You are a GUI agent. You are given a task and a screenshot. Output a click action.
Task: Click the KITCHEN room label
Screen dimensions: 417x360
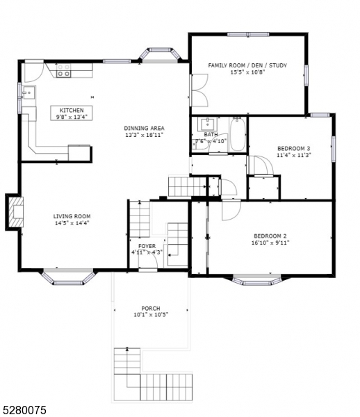click(72, 111)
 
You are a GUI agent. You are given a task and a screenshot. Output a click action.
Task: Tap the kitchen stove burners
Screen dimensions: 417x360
click(64, 70)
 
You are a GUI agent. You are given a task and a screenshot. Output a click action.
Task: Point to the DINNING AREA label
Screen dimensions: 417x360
click(144, 128)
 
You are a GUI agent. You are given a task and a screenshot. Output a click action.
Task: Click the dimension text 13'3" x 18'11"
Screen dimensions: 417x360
click(144, 136)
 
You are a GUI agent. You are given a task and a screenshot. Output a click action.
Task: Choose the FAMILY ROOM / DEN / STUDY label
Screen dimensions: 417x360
click(247, 65)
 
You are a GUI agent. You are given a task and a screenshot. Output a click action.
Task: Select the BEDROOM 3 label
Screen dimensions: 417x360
click(293, 148)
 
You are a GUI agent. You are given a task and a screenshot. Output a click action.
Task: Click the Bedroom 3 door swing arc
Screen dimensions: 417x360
click(260, 165)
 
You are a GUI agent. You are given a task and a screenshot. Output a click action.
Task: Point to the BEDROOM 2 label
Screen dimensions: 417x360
click(270, 236)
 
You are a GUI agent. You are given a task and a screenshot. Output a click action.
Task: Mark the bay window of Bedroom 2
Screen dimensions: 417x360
click(257, 280)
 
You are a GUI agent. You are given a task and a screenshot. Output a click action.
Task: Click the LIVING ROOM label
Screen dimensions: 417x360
click(72, 216)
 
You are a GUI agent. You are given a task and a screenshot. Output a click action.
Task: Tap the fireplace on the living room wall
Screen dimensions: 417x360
click(15, 211)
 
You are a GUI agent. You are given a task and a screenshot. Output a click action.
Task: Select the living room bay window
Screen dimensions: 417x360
click(68, 278)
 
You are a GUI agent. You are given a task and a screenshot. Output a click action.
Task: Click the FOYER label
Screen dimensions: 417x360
click(147, 245)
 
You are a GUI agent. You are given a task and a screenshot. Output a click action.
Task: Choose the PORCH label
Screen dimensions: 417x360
click(151, 308)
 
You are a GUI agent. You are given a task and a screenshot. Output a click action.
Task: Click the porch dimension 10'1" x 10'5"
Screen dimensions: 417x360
click(151, 315)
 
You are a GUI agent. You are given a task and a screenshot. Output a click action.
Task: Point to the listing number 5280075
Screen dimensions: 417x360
click(25, 410)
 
